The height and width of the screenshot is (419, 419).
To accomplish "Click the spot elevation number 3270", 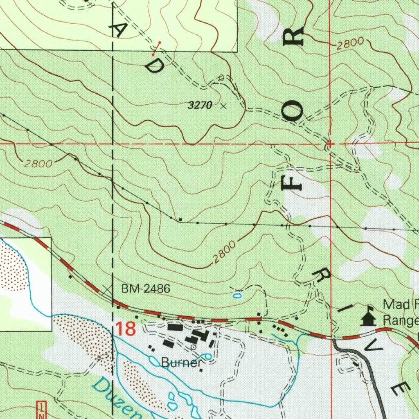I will click(x=200, y=106).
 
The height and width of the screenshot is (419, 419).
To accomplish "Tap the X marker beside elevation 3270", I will click(x=223, y=106).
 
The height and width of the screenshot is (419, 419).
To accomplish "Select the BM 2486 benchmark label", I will click(x=145, y=289).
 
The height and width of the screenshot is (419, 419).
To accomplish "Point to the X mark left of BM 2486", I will click(x=107, y=289).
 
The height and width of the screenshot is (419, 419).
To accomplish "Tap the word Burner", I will click(x=181, y=363).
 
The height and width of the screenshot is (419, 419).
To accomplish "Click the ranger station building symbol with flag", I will click(x=368, y=318).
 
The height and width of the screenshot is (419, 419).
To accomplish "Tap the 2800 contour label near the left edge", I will click(x=38, y=164).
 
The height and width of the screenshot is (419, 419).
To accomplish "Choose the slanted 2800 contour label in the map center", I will click(x=224, y=252).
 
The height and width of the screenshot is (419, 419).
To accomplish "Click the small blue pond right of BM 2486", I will click(x=237, y=294).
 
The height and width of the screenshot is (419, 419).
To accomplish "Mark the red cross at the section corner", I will click(x=330, y=144).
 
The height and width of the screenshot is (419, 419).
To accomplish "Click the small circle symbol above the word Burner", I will click(x=194, y=347).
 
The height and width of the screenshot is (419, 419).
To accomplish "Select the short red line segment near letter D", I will click(x=156, y=48).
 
